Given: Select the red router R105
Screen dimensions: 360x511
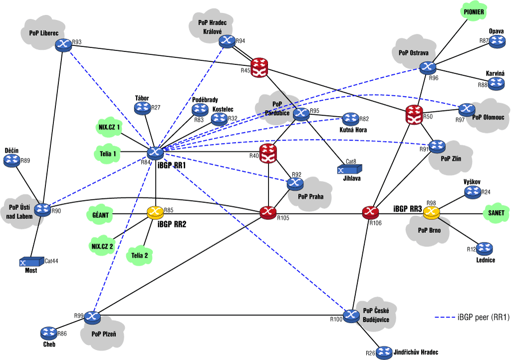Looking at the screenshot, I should tap(268, 213).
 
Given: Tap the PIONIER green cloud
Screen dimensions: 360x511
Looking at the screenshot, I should tap(474, 12).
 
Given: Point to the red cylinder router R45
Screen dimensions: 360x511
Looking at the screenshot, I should tap(259, 67).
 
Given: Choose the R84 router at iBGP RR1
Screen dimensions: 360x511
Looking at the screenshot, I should tap(156, 153).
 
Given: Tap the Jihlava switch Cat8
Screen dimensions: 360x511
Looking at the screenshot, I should tap(350, 169).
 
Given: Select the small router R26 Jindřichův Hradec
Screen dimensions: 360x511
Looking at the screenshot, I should tap(384, 353).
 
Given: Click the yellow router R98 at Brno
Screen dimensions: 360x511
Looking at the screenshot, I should tap(431, 213).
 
